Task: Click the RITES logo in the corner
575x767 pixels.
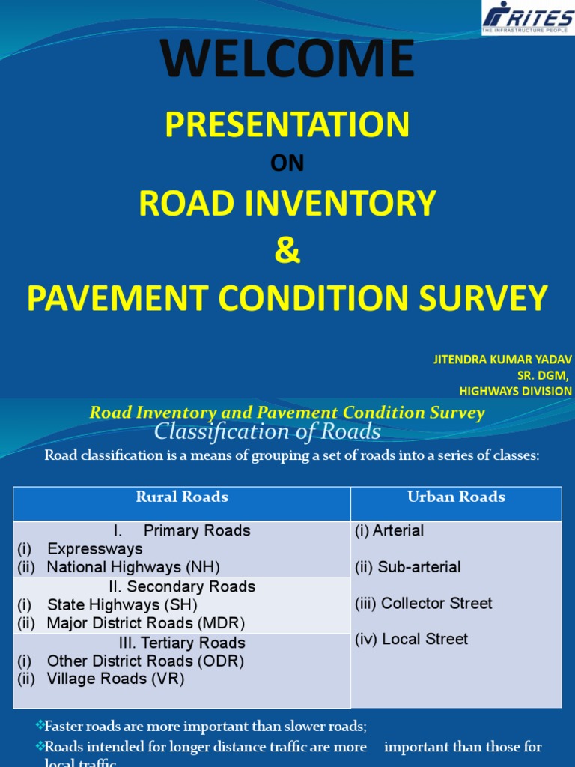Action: coord(527,17)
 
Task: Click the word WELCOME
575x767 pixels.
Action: coord(287,59)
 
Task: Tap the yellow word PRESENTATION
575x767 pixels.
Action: coord(287,124)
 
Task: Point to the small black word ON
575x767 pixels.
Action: coord(287,164)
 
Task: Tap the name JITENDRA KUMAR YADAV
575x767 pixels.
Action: coord(502,360)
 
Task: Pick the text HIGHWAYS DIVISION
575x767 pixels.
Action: coord(515,391)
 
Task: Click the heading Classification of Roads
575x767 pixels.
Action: coord(267,432)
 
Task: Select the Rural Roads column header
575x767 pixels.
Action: coord(182,497)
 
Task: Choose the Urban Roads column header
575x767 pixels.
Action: coord(456,497)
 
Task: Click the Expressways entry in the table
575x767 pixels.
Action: coord(94,549)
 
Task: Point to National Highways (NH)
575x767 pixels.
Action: coord(133,567)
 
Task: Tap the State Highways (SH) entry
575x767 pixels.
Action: coord(122,604)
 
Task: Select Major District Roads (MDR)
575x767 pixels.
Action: coord(145,622)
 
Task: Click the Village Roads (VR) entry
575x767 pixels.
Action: coord(115,679)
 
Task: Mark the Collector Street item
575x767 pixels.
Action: coord(424,603)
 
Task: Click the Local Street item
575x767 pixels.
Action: coord(412,639)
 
